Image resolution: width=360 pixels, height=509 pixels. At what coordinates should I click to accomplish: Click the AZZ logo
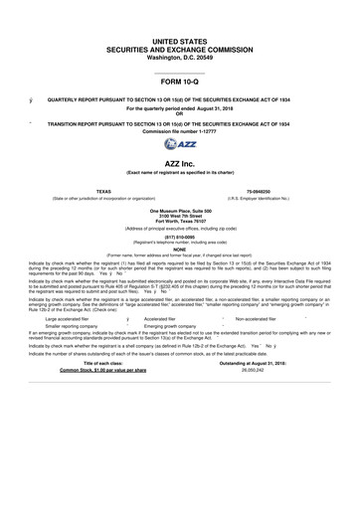tap(180, 144)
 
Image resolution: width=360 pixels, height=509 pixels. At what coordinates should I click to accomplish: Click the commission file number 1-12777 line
tap(180, 131)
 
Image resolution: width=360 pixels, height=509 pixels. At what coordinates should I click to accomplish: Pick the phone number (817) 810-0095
tap(180, 239)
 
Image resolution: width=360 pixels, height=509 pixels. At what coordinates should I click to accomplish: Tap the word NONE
tap(180, 250)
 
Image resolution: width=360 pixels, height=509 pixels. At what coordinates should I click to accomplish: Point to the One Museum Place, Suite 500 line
tap(180, 211)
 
